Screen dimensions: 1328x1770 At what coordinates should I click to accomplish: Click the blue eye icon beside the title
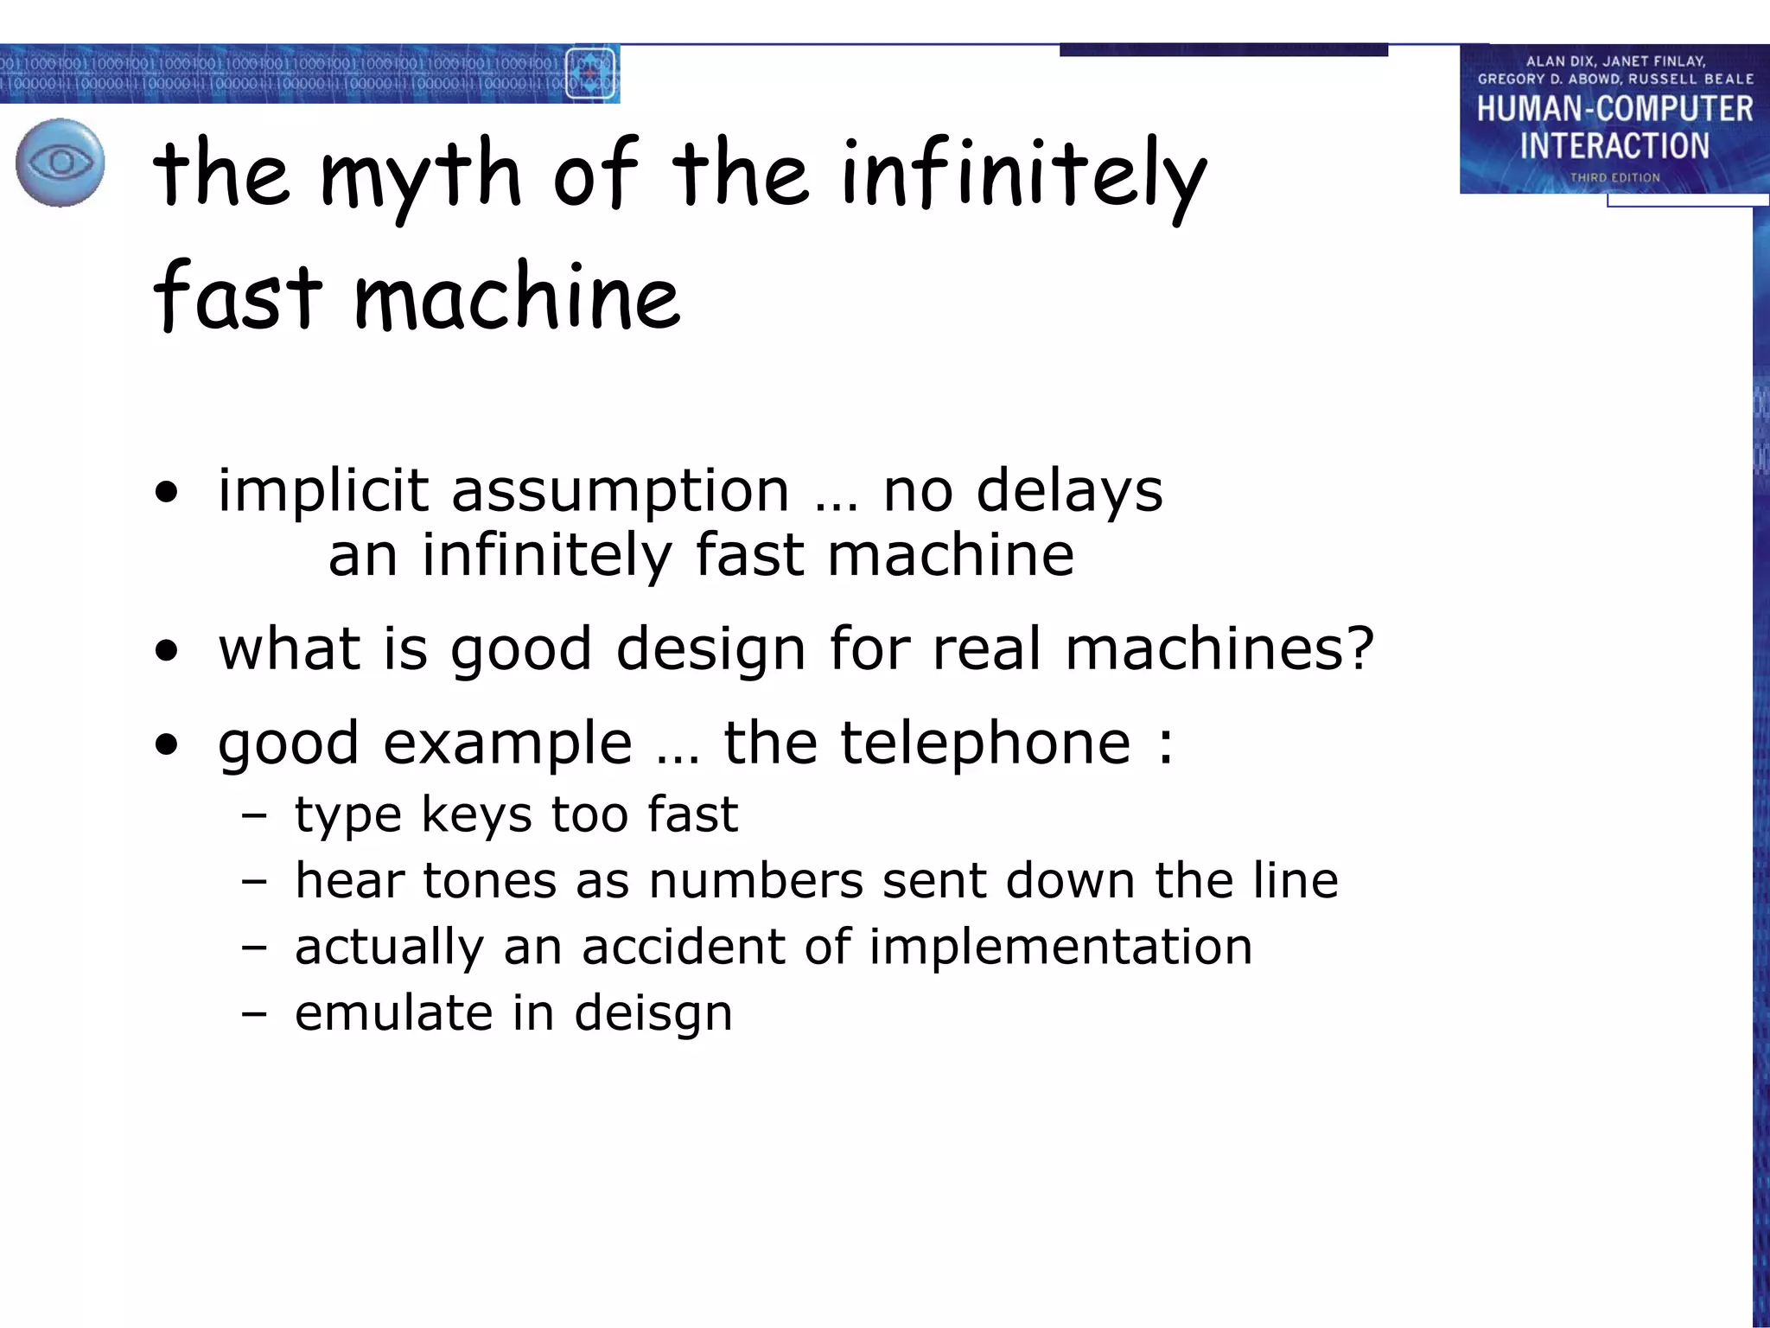60,163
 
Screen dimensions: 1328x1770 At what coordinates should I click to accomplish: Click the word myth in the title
421,176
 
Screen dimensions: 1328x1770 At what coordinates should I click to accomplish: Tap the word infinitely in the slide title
1023,176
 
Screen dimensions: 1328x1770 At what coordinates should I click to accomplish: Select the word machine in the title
517,297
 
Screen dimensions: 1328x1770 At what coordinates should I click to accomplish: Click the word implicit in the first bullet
322,491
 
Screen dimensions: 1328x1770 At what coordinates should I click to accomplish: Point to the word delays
1069,491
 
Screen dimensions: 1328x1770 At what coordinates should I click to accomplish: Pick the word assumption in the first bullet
620,491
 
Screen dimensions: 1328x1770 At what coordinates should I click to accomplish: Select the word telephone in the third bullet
985,744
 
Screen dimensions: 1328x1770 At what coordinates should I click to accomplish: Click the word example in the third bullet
507,744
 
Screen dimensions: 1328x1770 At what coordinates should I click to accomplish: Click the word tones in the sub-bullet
488,880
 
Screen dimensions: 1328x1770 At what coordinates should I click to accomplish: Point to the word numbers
755,880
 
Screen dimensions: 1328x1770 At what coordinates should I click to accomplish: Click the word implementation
1060,946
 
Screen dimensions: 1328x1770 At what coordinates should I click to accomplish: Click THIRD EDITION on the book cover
1614,177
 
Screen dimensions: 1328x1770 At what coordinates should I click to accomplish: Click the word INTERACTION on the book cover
1614,145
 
